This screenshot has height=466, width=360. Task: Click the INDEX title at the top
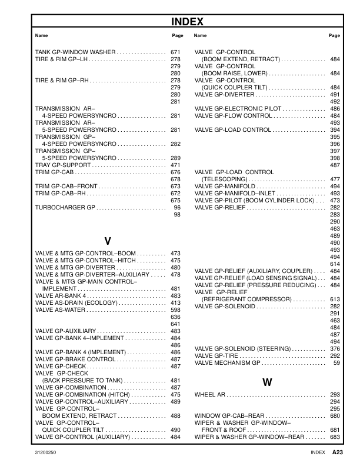click(x=187, y=22)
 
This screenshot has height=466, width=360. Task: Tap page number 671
click(x=175, y=52)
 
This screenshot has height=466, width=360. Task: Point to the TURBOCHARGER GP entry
click(x=65, y=208)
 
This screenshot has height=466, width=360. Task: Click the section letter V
click(x=108, y=241)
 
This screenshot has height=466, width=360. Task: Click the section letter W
click(x=267, y=382)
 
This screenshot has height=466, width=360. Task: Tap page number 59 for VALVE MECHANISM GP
click(x=336, y=363)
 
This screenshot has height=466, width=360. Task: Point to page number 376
click(x=335, y=349)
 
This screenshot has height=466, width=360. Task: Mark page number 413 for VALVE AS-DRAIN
click(x=175, y=303)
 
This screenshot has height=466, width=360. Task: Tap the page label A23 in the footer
click(x=337, y=452)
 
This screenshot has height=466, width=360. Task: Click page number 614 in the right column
click(x=335, y=264)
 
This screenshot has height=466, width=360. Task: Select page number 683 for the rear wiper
click(x=335, y=437)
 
